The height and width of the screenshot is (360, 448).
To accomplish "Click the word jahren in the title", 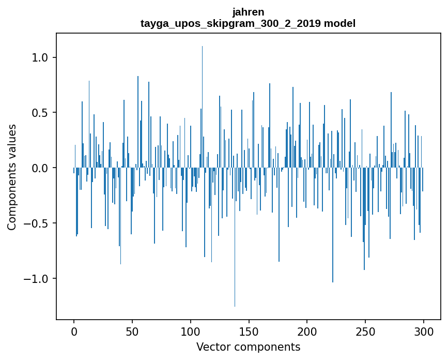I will [248, 12].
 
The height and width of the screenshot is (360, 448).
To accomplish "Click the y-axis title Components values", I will [12, 177].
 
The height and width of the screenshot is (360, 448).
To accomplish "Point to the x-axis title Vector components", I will [248, 347].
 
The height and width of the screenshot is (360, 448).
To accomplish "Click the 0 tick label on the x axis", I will [74, 331].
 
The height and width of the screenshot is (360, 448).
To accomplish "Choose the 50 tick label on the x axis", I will [132, 331].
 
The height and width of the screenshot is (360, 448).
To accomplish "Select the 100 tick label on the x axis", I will [191, 331].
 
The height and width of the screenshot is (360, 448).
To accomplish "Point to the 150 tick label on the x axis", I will [249, 331].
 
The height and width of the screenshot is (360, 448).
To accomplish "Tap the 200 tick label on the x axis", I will [307, 331].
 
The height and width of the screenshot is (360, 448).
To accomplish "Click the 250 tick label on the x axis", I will [366, 331].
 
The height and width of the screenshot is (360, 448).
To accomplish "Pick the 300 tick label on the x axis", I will [424, 331].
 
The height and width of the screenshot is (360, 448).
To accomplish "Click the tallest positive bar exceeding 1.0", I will [202, 103].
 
